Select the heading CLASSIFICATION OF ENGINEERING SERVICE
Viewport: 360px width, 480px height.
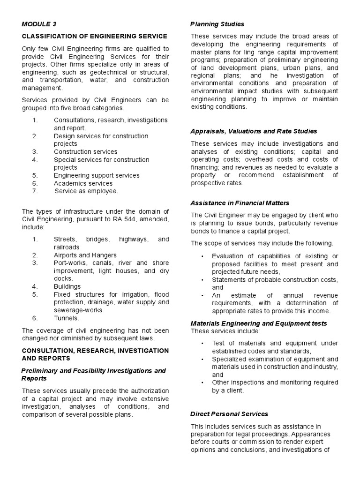(x=95, y=37)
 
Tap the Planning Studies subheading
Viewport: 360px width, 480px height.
(x=217, y=24)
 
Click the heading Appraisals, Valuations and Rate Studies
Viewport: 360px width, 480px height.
(x=254, y=131)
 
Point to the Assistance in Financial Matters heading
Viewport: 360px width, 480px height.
(x=240, y=203)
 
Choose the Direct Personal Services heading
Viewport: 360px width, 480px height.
(x=229, y=414)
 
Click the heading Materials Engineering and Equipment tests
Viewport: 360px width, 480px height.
(x=259, y=323)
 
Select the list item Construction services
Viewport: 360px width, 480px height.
(x=85, y=152)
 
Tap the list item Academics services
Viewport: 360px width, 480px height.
(x=83, y=183)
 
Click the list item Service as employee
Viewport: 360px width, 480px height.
(x=86, y=191)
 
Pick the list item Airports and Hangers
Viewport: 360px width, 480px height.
(x=85, y=255)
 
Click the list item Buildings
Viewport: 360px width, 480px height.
(x=67, y=286)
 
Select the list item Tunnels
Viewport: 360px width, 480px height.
(x=66, y=318)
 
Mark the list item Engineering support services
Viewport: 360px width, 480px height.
(x=97, y=175)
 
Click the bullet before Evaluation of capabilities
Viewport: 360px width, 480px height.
(x=202, y=256)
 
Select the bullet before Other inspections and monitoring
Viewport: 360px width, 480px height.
(x=202, y=382)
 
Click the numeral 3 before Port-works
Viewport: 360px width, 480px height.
(x=35, y=263)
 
